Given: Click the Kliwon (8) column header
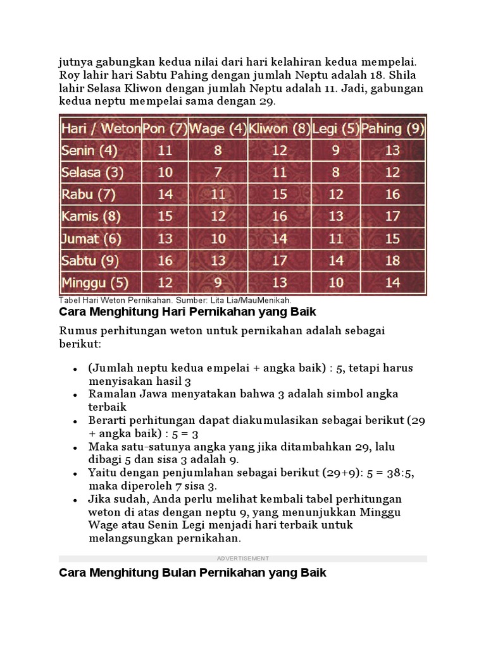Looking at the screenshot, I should coord(279,129).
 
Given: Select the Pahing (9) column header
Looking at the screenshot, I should coord(393,129).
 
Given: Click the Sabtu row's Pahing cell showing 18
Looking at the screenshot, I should coord(393,260).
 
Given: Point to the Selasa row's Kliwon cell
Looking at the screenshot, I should coord(279,172).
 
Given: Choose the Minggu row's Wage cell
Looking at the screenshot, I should coord(218,282).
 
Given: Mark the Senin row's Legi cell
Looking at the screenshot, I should coord(336,150).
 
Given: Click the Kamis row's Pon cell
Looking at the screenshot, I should coord(165,216).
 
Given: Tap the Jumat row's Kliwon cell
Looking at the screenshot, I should coord(279,238).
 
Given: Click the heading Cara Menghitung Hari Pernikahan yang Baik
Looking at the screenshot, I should coord(187,312).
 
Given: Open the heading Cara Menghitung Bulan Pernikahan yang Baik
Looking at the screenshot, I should coord(192,573).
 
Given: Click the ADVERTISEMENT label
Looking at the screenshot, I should coord(243,559).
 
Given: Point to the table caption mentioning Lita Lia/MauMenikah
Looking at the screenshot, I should coord(175,301).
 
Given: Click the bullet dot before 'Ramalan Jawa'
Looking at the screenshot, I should coord(75,394).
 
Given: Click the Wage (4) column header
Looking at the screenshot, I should coord(218,129).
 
